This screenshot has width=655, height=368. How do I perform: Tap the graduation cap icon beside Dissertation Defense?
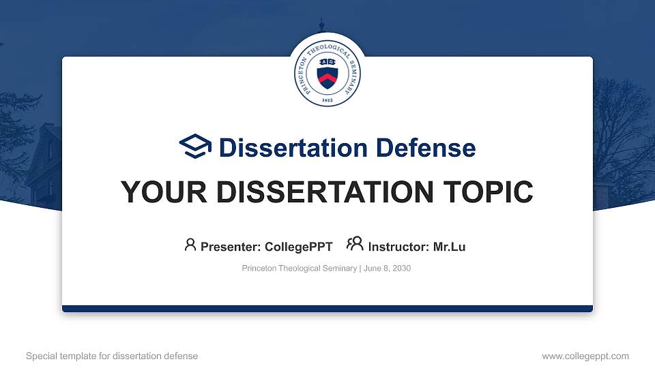[x=196, y=147]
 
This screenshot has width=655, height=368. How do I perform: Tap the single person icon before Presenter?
[x=190, y=245]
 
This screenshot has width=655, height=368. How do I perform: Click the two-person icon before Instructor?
[x=355, y=245]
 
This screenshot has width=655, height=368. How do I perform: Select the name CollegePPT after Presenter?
[x=299, y=247]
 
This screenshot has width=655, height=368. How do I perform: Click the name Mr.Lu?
[x=449, y=247]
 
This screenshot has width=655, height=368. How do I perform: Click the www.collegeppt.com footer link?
[x=585, y=356]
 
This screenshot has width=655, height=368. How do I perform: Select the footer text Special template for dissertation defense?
[x=112, y=356]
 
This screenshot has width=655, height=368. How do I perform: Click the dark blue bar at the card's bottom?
[x=327, y=309]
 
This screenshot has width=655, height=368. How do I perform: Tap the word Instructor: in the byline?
[x=398, y=247]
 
